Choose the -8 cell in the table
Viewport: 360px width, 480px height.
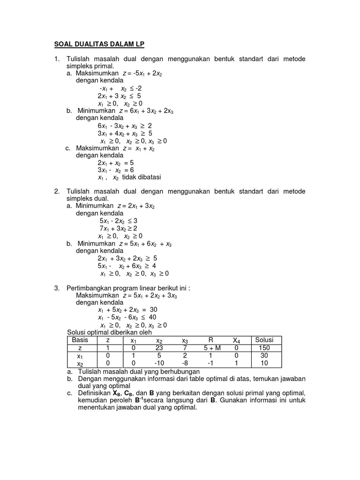tap(184, 364)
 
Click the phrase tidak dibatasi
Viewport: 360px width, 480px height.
tap(141, 177)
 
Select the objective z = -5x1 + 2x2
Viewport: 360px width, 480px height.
tap(142, 74)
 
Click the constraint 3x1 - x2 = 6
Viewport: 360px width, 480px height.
tap(116, 170)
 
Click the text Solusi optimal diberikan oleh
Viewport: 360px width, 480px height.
tap(110, 332)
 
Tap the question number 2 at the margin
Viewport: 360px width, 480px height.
tap(56, 191)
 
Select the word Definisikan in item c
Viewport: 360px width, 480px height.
tap(94, 392)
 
